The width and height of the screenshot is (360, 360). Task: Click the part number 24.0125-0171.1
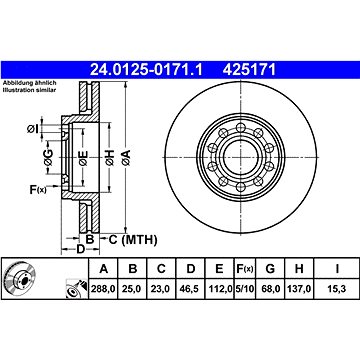point(146,70)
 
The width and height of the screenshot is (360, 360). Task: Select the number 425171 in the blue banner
point(249,70)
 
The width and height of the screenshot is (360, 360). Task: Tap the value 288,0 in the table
point(103,289)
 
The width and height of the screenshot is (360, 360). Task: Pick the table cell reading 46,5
point(190,289)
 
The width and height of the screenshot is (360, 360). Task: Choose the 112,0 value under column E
point(219,289)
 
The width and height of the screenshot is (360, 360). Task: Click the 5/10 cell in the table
point(245,289)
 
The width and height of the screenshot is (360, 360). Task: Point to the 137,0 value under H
point(299,289)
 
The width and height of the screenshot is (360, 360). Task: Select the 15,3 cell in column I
point(337,289)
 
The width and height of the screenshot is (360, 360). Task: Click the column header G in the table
point(270,268)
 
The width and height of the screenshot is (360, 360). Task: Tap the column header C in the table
point(161,268)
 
